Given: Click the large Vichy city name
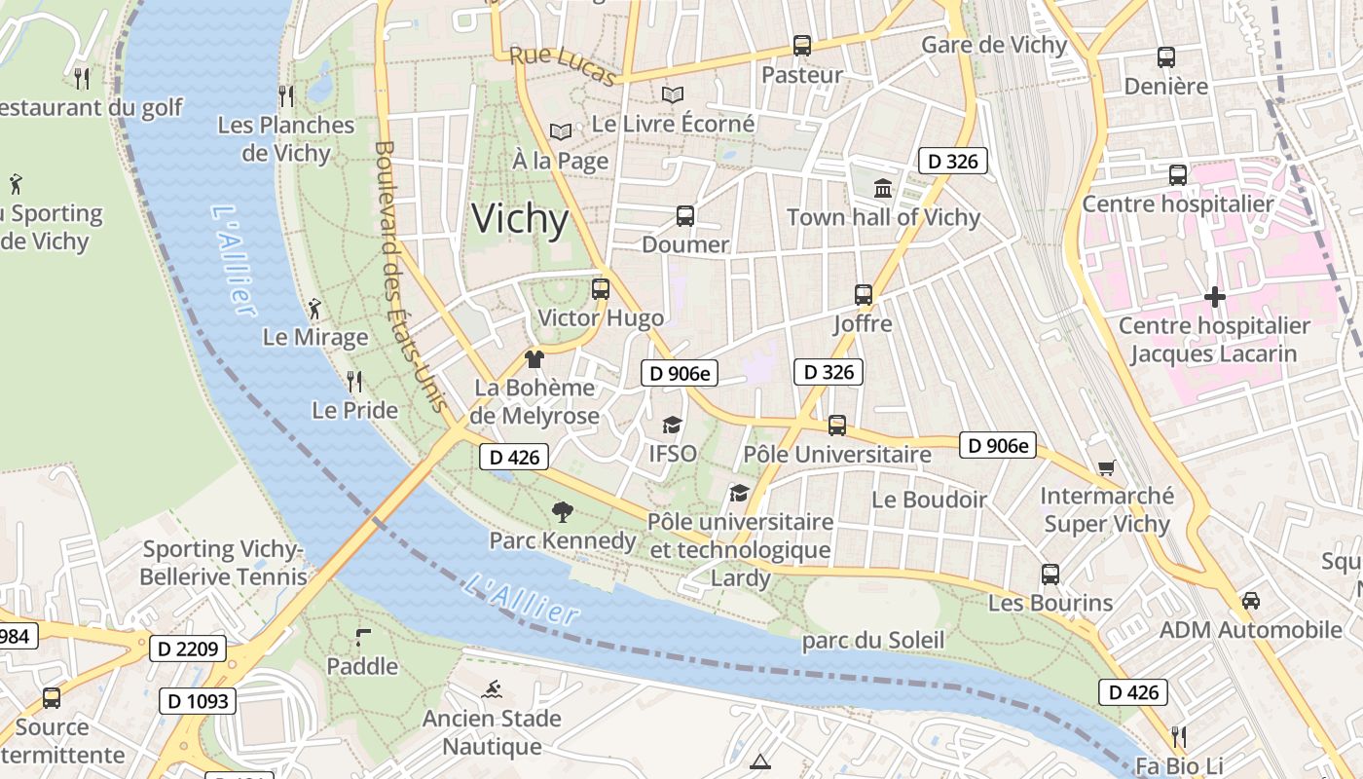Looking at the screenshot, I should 520,219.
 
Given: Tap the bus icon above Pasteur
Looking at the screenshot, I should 801,45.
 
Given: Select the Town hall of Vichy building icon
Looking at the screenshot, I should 883,188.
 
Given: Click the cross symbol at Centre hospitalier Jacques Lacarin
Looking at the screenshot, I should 1214,297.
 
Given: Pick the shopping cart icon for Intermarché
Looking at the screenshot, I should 1106,468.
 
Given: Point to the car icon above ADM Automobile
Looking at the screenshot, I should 1251,601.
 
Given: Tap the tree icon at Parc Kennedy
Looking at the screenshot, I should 562,511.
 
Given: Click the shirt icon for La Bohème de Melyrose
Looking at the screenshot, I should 534,359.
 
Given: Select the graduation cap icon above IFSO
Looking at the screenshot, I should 672,425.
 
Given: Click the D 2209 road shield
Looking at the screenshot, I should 188,648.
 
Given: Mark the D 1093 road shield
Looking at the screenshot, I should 198,700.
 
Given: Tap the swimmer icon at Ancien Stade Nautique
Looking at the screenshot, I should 492,690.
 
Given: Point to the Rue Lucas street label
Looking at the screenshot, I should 563,66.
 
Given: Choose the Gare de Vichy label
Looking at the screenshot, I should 994,45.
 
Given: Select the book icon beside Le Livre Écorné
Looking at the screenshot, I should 673,95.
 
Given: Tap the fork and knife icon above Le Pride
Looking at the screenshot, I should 354,381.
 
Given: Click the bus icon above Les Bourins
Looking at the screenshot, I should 1050,575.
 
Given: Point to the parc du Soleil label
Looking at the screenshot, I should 873,640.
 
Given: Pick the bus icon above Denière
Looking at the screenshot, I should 1165,56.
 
